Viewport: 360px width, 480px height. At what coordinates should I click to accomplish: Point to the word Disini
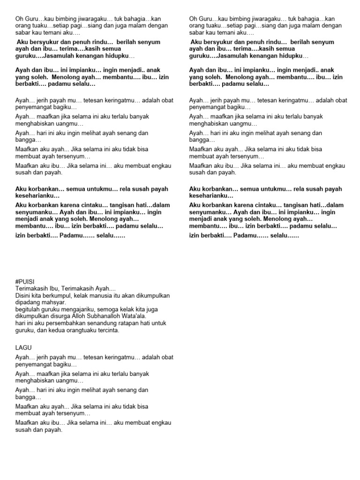23,296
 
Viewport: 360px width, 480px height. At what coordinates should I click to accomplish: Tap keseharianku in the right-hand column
211,195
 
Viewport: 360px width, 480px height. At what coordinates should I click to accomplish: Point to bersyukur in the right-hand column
219,42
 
